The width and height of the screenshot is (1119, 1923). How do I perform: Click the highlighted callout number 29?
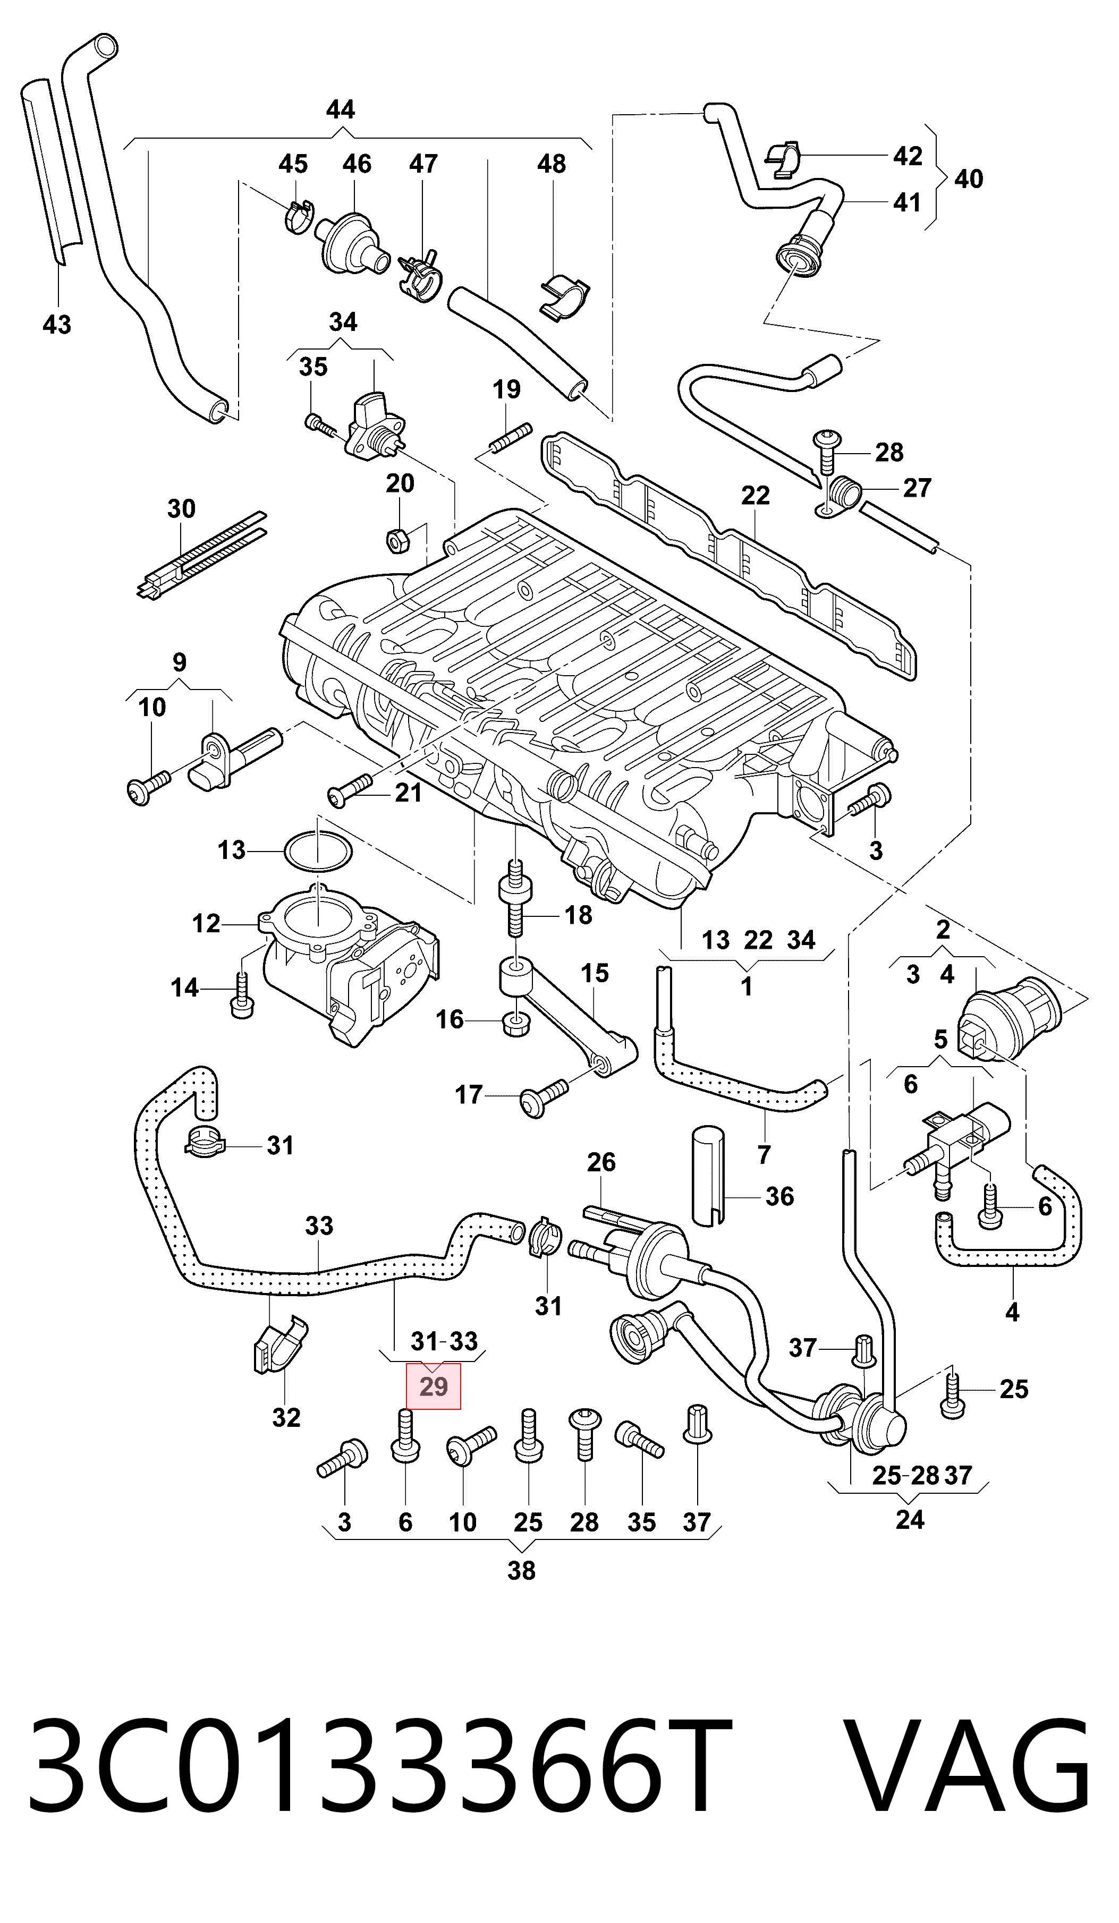pos(434,1386)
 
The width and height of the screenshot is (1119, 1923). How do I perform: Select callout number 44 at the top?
pos(341,110)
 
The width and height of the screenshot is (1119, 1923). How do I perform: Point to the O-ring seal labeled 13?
pos(318,849)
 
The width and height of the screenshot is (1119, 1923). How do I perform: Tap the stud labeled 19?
pos(508,440)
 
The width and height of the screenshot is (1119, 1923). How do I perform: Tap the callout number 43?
pos(57,325)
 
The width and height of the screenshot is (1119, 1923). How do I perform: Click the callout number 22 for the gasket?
pos(756,496)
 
